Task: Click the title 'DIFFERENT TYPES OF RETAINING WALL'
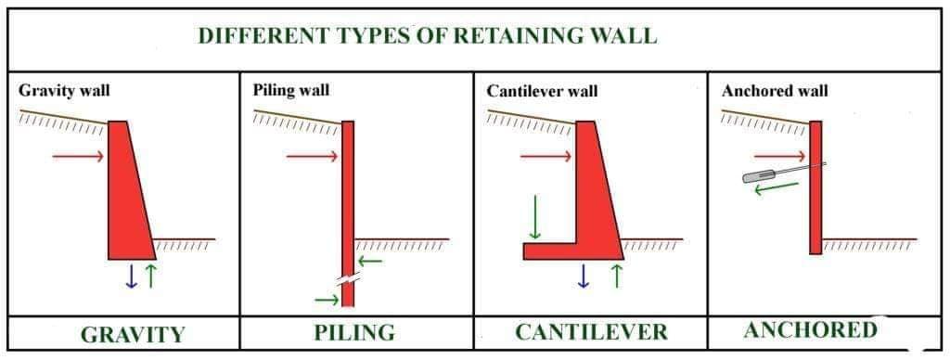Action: (427, 36)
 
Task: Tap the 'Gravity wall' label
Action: (64, 91)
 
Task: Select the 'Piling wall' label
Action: (290, 90)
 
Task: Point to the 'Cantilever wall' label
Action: (542, 91)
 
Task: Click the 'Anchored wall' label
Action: (775, 91)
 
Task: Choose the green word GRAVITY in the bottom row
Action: (133, 335)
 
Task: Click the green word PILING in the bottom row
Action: (354, 333)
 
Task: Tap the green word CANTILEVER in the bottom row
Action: (591, 332)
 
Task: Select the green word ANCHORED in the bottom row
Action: (811, 330)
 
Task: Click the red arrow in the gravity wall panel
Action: (78, 157)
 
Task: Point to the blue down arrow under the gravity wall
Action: (131, 276)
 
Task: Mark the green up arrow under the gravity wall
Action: (151, 276)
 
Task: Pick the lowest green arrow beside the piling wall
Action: (327, 299)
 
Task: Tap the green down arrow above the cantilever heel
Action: (534, 217)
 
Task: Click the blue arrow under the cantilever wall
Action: (584, 276)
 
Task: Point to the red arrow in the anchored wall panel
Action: (780, 157)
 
